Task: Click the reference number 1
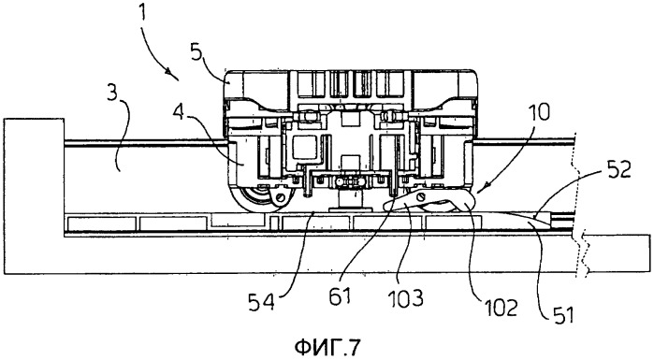coord(143,13)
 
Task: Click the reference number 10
coord(539,113)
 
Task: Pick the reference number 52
coord(618,170)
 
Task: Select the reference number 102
coord(501,308)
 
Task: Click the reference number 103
coord(406,298)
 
